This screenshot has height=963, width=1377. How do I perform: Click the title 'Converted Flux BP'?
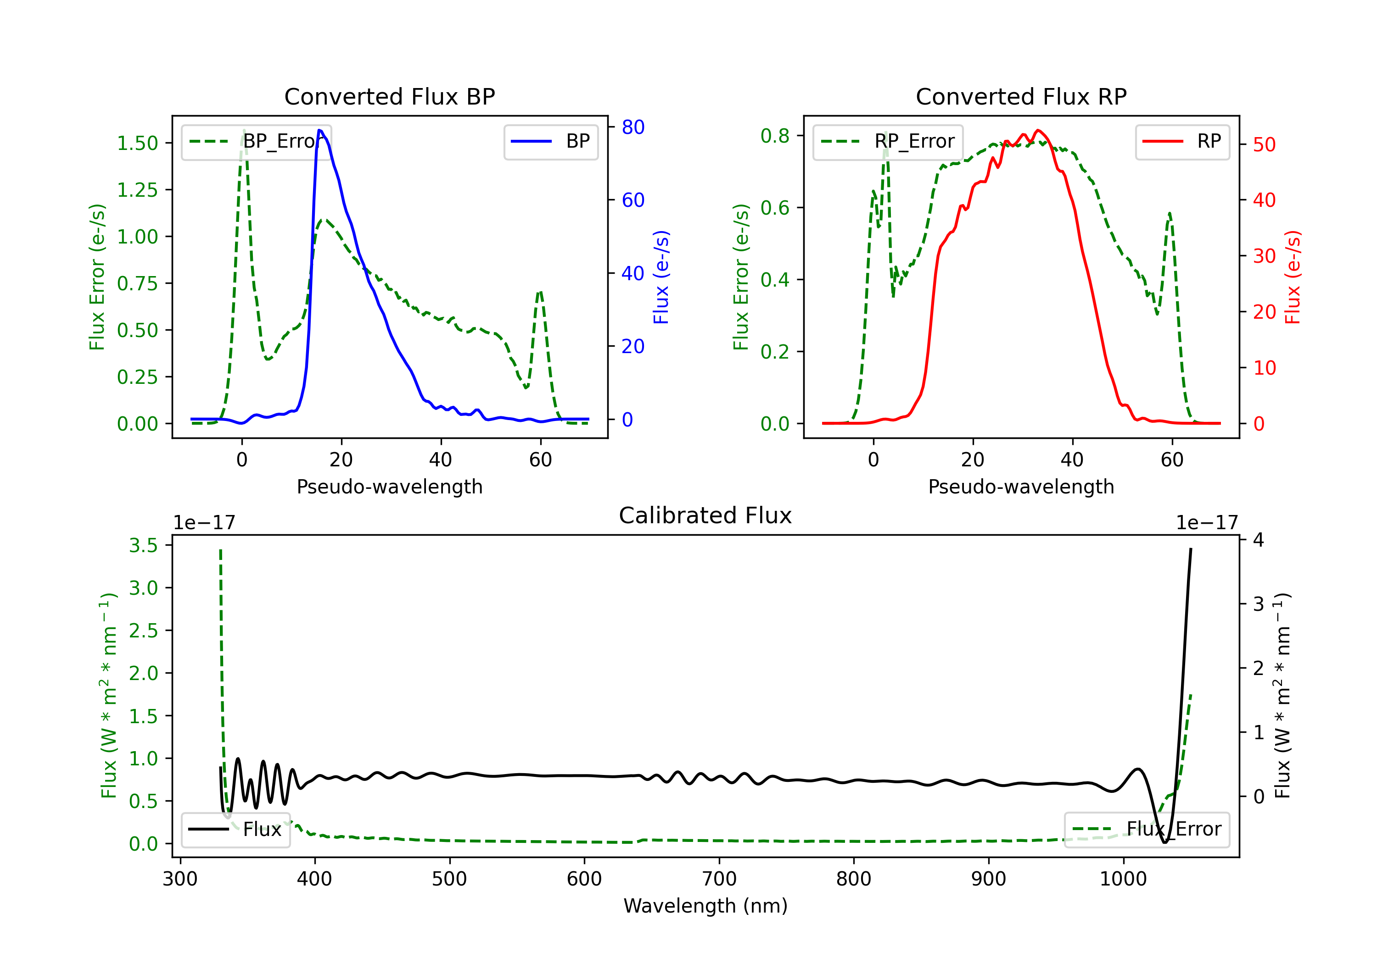tap(389, 96)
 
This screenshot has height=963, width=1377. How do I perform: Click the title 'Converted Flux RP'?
tap(1021, 96)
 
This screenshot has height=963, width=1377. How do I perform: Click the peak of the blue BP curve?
tap(319, 130)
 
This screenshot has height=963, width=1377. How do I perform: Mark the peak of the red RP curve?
tap(1038, 130)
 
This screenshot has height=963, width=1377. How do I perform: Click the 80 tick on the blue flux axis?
tap(633, 127)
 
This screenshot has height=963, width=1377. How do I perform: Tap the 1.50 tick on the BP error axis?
tap(137, 143)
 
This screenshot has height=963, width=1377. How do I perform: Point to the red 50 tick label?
tap(1264, 144)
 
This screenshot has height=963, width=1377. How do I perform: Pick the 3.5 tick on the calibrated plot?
tap(143, 545)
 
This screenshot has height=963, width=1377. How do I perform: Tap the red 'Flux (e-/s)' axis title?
tap(1293, 277)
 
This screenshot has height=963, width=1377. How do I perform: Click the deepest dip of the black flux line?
tap(1164, 842)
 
